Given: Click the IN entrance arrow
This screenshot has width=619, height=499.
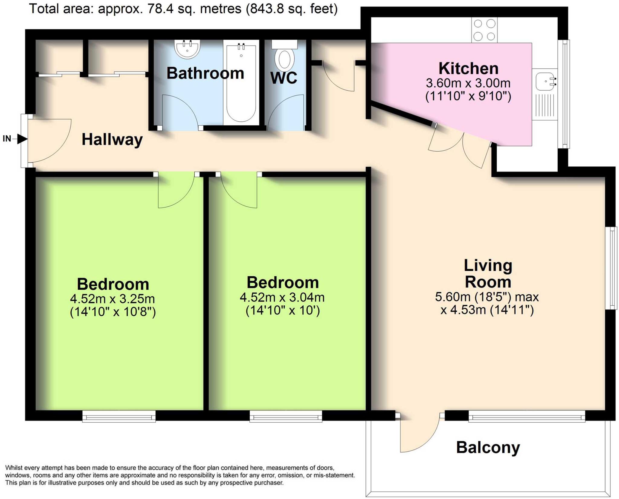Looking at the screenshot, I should (22, 139).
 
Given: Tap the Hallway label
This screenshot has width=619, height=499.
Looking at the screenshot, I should (112, 140).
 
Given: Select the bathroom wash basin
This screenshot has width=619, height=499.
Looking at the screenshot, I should (187, 49).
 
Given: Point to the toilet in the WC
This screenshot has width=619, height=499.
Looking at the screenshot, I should (284, 57).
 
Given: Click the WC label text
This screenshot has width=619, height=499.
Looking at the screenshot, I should (284, 78).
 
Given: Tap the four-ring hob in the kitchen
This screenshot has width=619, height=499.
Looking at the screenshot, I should (484, 30).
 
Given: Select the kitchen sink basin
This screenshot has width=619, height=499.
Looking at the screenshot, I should (545, 81).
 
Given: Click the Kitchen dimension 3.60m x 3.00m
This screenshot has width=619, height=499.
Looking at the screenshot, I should (468, 83).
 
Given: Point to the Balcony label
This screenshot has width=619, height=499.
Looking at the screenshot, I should (488, 447).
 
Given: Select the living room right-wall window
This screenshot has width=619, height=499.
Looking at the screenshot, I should (611, 268).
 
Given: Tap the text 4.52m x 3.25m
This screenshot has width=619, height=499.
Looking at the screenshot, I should (112, 299).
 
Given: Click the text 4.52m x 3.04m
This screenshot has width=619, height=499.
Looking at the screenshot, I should (282, 298).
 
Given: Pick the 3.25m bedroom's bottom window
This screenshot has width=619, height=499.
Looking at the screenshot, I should (119, 417).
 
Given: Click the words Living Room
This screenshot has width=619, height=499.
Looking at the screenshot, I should (488, 274).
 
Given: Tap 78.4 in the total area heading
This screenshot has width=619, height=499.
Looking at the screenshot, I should (160, 9).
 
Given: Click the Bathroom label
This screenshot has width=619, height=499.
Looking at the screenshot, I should (205, 73).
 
